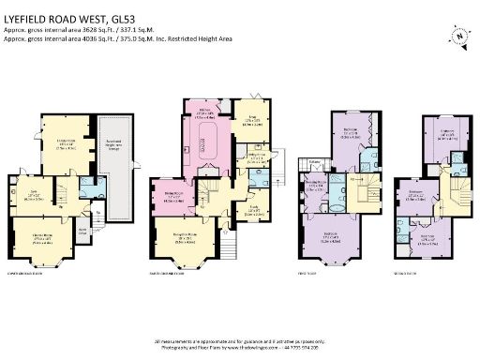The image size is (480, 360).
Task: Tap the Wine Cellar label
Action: [x=83, y=227]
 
